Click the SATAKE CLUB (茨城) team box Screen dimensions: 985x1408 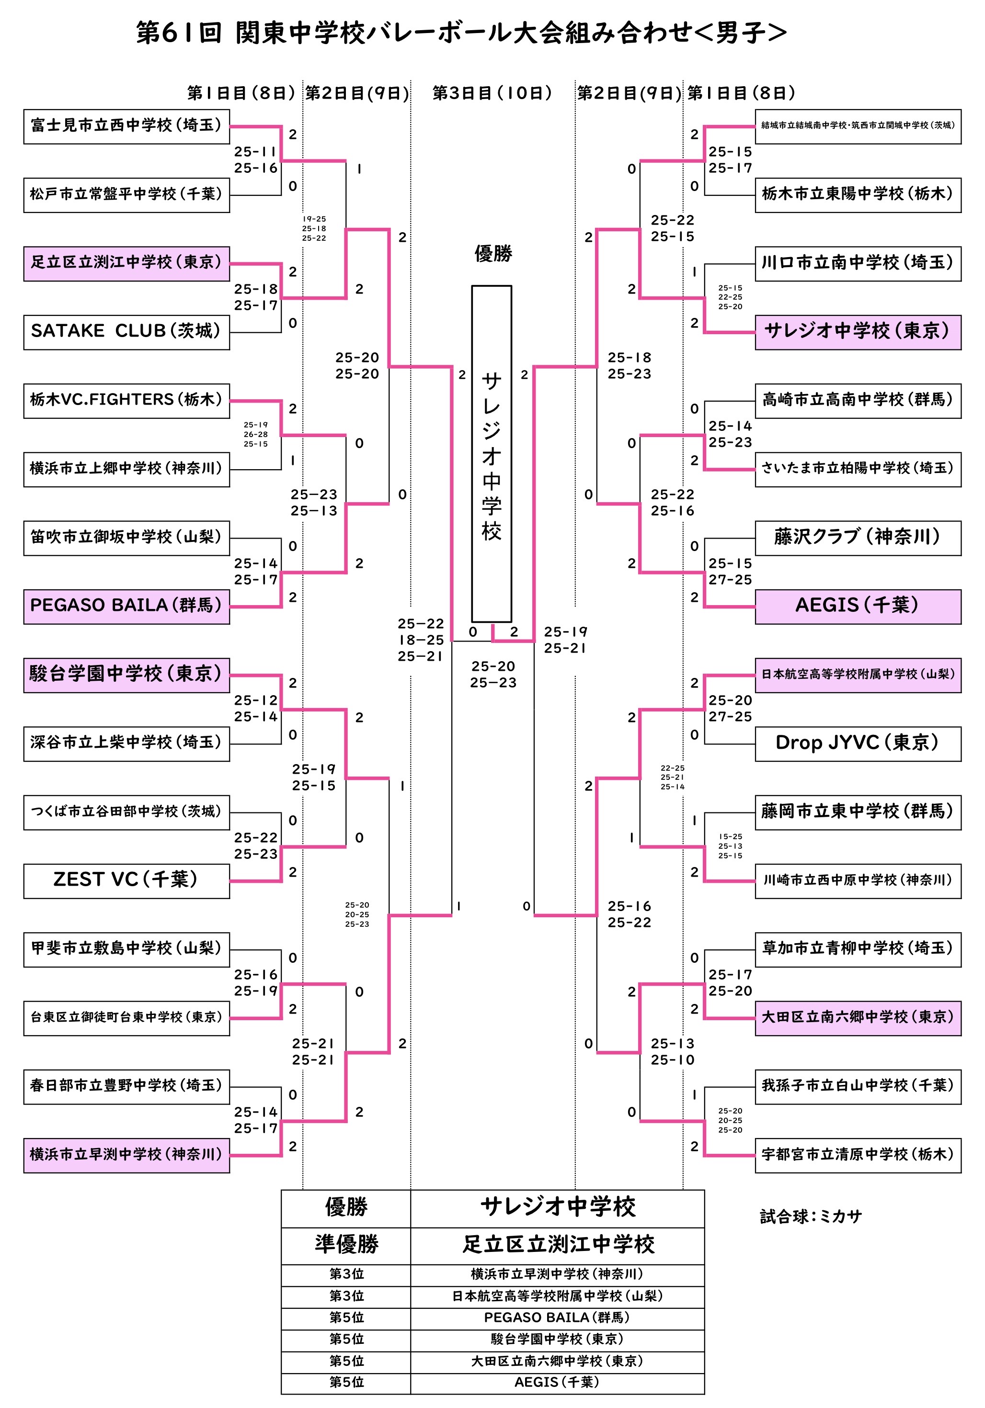pyautogui.click(x=126, y=332)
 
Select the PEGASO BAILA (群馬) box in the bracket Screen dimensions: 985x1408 pyautogui.click(x=126, y=607)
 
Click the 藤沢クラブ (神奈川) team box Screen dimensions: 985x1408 pyautogui.click(x=858, y=538)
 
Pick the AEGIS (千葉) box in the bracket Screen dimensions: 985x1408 pyautogui.click(x=858, y=607)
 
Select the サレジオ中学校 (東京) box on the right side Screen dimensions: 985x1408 pyautogui.click(x=858, y=332)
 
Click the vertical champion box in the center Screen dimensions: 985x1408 pyautogui.click(x=492, y=454)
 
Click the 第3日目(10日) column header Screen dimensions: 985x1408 pyautogui.click(x=492, y=93)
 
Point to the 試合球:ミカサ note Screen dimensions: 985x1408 pyautogui.click(x=811, y=1216)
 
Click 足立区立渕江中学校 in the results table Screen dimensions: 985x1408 pyautogui.click(x=558, y=1244)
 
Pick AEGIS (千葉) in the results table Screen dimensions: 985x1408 pyautogui.click(x=558, y=1382)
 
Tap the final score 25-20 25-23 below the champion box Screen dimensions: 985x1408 pyautogui.click(x=493, y=674)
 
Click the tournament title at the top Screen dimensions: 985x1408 pyautogui.click(x=461, y=33)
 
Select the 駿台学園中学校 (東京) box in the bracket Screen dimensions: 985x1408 pyautogui.click(x=126, y=675)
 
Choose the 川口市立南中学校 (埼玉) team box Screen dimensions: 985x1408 pyautogui.click(x=858, y=264)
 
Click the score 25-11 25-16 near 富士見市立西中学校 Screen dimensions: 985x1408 pyautogui.click(x=256, y=159)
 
